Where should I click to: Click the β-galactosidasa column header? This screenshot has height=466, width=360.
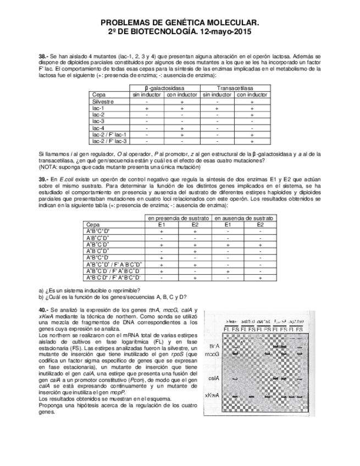point(164,88)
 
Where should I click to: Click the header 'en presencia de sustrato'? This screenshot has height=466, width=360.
point(178,218)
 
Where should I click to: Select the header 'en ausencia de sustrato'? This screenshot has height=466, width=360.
point(245,218)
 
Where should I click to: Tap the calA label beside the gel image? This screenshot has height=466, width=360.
point(214,379)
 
